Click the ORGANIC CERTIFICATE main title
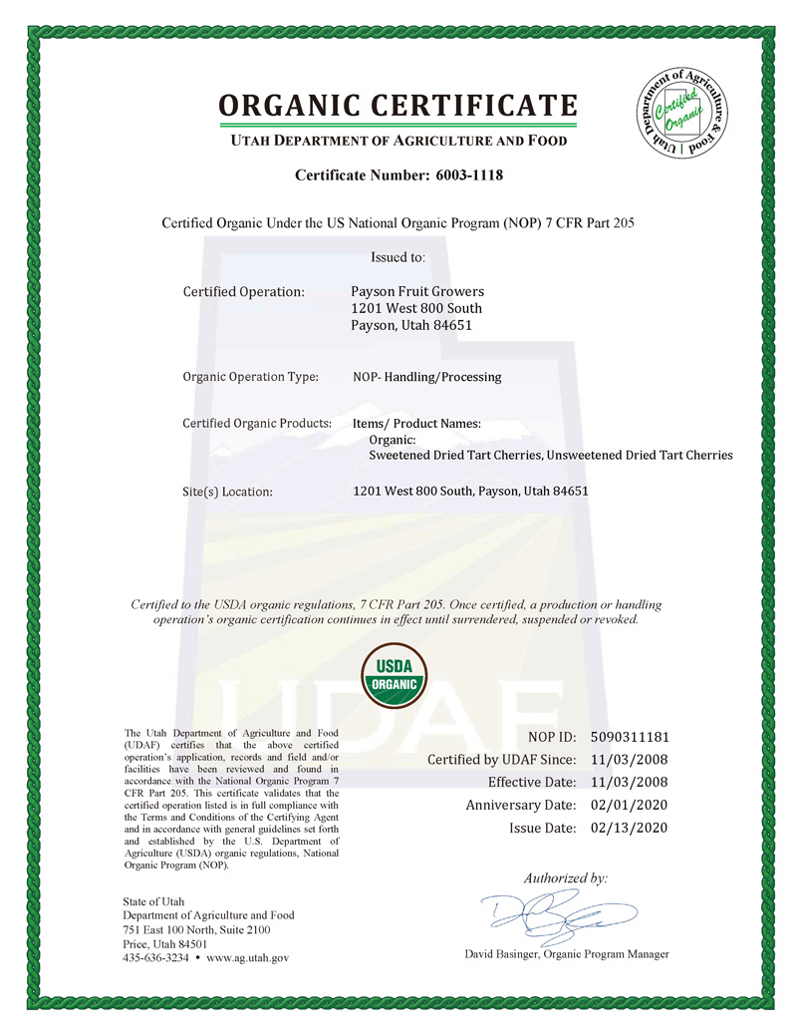[x=398, y=106]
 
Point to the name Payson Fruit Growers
[x=418, y=291]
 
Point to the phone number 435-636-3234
[x=156, y=957]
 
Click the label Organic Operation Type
[x=250, y=377]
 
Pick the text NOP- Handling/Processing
[x=427, y=377]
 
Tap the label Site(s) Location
[x=227, y=492]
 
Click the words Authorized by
[x=565, y=878]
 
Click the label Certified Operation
[x=243, y=292]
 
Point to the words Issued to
[x=398, y=257]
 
